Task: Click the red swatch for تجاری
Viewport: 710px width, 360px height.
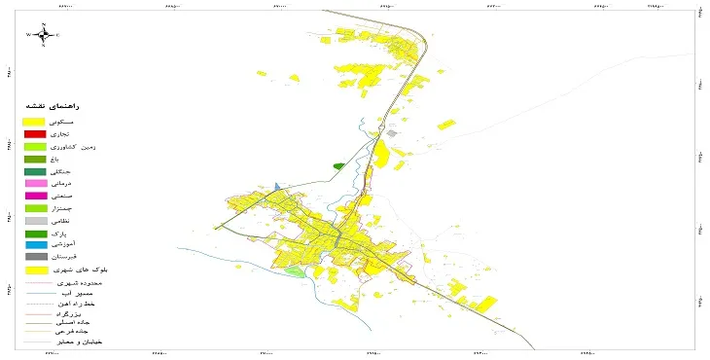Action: (x=35, y=133)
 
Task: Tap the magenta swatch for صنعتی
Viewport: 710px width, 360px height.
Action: (x=35, y=196)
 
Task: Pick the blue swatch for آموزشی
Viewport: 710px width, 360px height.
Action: (x=35, y=244)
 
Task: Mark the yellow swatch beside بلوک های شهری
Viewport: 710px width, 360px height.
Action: (x=35, y=270)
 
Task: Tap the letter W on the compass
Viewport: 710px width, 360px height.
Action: (x=29, y=35)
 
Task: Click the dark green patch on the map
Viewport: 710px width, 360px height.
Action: (x=338, y=166)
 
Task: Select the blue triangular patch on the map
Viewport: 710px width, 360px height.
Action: (x=278, y=185)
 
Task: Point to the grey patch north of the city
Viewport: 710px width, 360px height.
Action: (x=392, y=133)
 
